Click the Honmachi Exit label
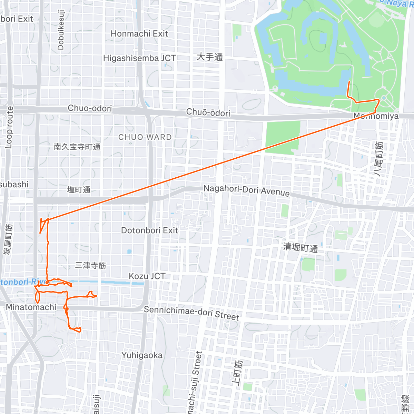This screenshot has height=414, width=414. (x=139, y=34)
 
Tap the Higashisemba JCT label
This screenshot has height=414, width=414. (x=139, y=58)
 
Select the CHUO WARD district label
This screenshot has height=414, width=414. (x=145, y=137)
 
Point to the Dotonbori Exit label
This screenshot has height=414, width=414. (x=149, y=230)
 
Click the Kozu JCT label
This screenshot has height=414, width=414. (x=147, y=276)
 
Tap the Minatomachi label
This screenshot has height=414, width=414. (x=31, y=307)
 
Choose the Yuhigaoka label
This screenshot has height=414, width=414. (x=141, y=355)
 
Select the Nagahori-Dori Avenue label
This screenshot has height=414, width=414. (x=246, y=190)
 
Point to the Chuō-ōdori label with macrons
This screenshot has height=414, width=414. (x=208, y=112)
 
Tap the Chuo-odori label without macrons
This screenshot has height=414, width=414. (x=90, y=108)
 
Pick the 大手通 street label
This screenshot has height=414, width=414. (x=209, y=57)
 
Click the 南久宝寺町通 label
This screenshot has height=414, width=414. (x=77, y=147)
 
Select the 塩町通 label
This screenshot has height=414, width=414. (x=79, y=190)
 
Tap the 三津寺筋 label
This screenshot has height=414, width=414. (x=90, y=265)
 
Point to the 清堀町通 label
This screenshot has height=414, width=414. (x=300, y=247)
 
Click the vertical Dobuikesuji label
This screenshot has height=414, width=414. (x=61, y=30)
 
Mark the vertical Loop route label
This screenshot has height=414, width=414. (x=9, y=128)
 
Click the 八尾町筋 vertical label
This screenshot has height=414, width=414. (x=378, y=159)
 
